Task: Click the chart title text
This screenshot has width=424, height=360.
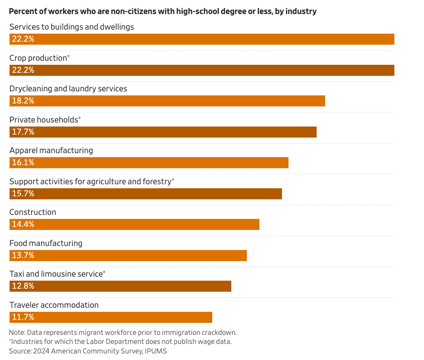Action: (x=163, y=11)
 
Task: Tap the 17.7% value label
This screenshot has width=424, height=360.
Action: (x=22, y=132)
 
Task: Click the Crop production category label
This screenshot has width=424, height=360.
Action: (x=38, y=58)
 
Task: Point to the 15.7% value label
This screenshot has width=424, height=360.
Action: (x=22, y=194)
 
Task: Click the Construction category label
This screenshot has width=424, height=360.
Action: (x=33, y=212)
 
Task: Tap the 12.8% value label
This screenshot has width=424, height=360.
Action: (x=22, y=286)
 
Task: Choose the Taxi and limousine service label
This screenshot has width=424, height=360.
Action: (x=56, y=274)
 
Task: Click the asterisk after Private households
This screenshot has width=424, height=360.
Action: (x=79, y=119)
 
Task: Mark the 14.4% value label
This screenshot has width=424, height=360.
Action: (x=22, y=224)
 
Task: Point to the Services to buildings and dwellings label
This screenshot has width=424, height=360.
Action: (x=72, y=27)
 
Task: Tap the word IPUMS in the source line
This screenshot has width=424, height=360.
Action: (x=156, y=351)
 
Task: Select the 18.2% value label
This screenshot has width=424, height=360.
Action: (x=22, y=101)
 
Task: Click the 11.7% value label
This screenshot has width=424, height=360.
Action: (x=22, y=317)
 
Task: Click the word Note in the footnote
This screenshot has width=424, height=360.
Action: (x=17, y=332)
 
